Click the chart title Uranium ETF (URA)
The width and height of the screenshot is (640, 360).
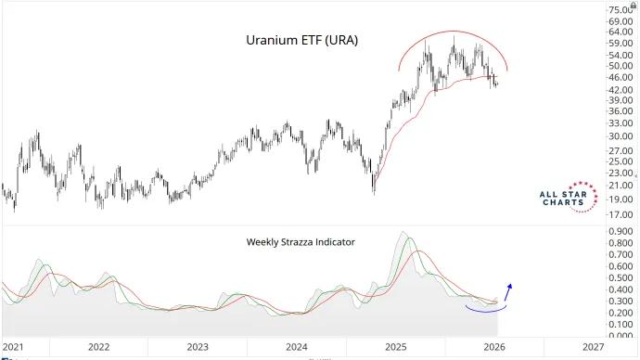point(301,41)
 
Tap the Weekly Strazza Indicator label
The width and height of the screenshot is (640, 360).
point(301,242)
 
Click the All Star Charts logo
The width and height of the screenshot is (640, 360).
point(569,197)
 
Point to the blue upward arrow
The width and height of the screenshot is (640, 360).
point(508,292)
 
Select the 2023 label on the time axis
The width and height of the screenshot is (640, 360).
point(198,347)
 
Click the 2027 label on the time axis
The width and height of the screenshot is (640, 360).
point(593,347)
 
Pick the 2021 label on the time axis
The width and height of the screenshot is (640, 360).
point(13,347)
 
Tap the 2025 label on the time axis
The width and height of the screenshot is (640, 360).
point(396,347)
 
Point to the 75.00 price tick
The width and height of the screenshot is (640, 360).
point(621,10)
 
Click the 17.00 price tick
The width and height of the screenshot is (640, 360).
point(621,214)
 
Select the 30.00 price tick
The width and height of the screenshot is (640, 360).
point(621,136)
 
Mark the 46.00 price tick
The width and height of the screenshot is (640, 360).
point(621,77)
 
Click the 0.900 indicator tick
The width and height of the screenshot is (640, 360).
point(621,231)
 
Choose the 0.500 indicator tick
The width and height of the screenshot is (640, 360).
point(621,278)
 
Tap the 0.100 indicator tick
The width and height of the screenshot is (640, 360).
point(621,325)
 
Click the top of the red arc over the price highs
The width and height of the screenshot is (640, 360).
point(453,31)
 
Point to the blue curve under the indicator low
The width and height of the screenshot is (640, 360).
point(486,312)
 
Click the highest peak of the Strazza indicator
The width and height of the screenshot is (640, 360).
point(403,232)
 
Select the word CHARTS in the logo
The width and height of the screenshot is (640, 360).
point(563,202)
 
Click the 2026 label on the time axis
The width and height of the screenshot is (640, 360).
point(494,347)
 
